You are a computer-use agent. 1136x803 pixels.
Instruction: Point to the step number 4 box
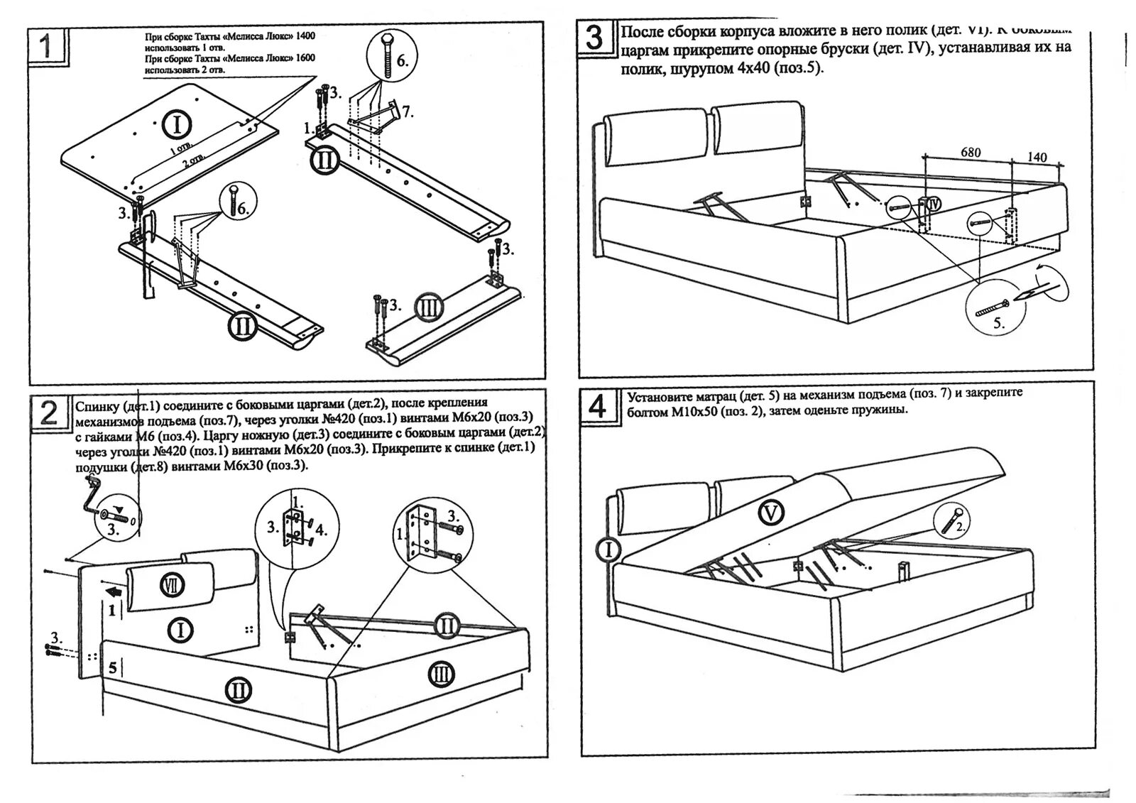pos(599,407)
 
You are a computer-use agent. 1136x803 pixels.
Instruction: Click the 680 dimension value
pos(970,152)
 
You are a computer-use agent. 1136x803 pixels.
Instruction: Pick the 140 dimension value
pos(1037,157)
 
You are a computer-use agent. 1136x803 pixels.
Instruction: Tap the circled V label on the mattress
pos(771,512)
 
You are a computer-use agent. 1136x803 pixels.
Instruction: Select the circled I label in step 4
pos(608,549)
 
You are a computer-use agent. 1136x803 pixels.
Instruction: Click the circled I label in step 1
pos(177,125)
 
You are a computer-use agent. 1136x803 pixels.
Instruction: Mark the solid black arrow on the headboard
pos(111,592)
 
